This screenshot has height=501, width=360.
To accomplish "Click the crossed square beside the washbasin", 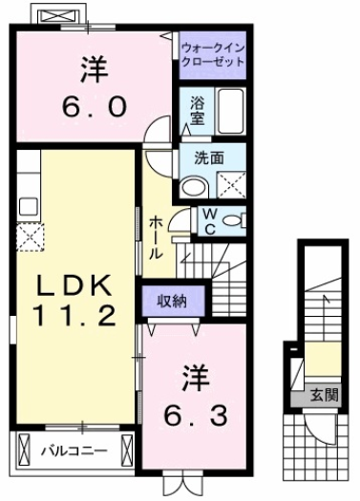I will (230, 183).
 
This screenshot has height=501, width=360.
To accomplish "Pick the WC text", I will (207, 220).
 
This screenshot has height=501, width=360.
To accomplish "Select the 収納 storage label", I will (174, 301).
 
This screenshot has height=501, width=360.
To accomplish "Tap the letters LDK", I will (75, 285).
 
